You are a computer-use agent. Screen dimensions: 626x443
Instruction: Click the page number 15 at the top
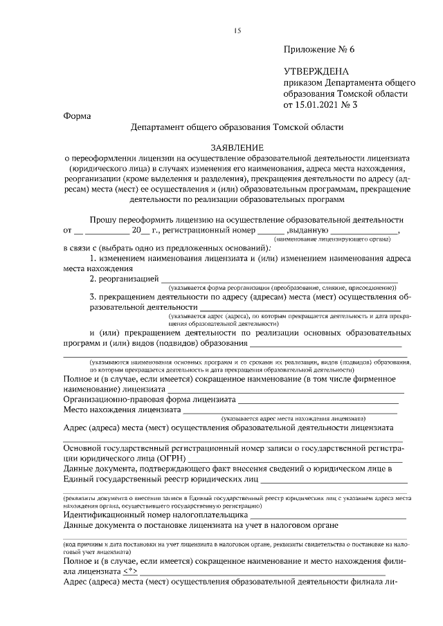point(237,30)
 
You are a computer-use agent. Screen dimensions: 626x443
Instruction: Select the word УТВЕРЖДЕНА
point(316,71)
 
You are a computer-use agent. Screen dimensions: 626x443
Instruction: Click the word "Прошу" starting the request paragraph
point(105,219)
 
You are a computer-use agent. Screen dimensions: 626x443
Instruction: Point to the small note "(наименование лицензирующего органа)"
point(351,239)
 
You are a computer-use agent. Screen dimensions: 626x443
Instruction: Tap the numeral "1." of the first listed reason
point(93,258)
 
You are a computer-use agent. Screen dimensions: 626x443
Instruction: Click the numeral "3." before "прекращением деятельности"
point(93,297)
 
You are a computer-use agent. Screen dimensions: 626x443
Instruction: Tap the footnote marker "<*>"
point(129,572)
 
